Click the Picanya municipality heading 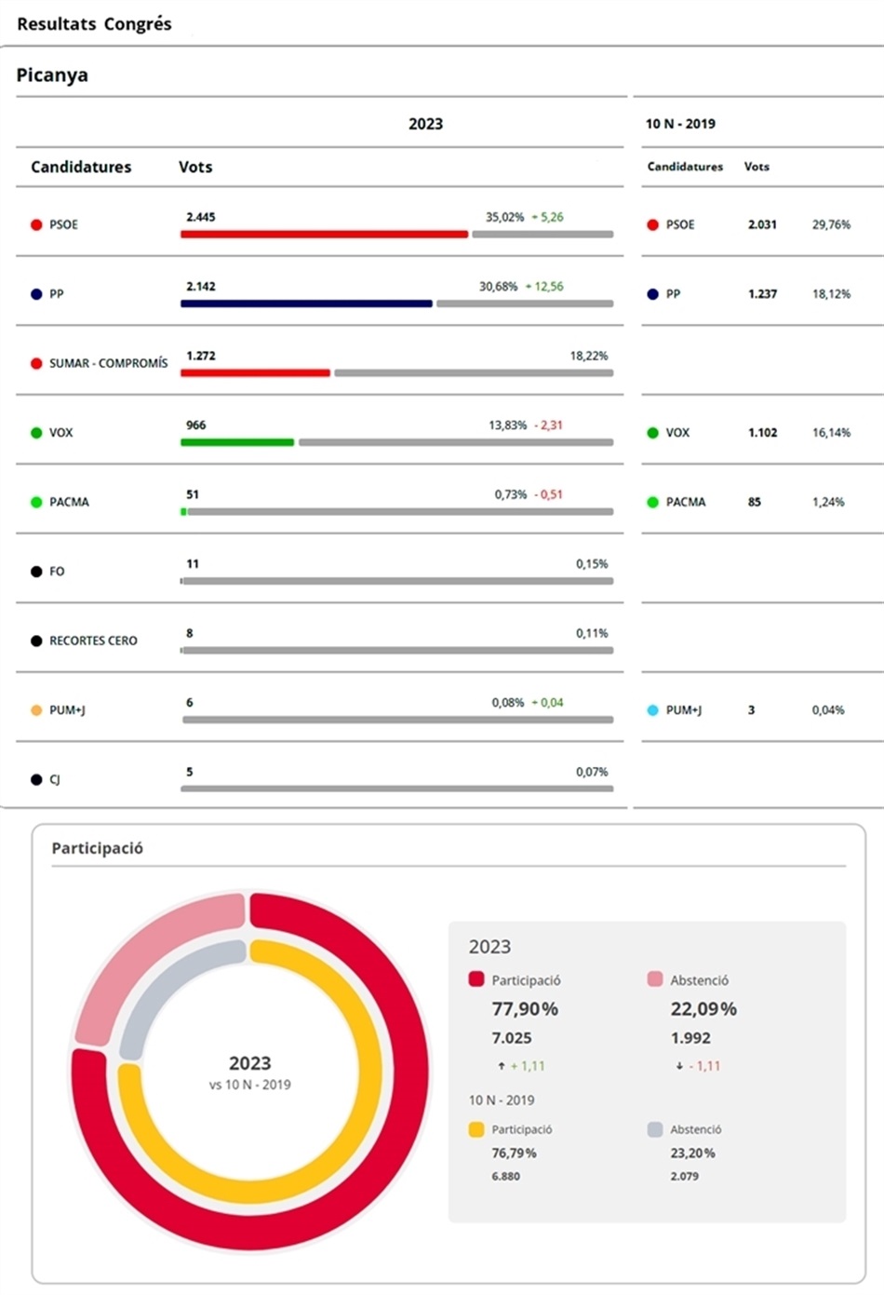pos(52,75)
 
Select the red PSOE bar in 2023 pos(324,235)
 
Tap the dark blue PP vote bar pos(306,304)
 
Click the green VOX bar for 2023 pos(237,442)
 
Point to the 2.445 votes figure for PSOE pos(201,217)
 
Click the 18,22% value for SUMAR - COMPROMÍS pos(588,356)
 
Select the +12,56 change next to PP pos(544,287)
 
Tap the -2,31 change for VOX pos(548,425)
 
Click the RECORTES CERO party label pos(93,641)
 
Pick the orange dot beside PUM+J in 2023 pos(36,710)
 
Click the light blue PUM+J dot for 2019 pos(652,710)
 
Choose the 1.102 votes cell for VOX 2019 pos(762,433)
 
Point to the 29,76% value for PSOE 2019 pos(831,224)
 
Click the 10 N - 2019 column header pos(680,124)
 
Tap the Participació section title pos(97,848)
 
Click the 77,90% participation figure pos(525,1009)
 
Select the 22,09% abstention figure pos(703,1009)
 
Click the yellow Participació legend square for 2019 pos(476,1129)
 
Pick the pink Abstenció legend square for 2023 pos(655,979)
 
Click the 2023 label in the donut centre pos(249,1063)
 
